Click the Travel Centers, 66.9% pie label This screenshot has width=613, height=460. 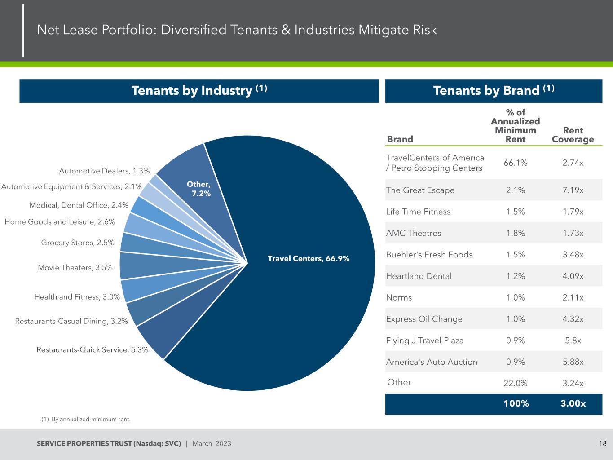[309, 258]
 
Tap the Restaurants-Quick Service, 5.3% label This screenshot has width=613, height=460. [93, 349]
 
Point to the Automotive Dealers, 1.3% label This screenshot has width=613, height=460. [104, 171]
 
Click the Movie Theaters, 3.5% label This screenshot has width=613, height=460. [75, 268]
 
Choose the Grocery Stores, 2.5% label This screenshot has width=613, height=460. [78, 243]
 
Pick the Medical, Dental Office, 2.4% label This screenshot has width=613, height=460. [79, 205]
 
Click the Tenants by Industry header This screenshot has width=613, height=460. [199, 91]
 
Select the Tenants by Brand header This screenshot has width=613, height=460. [494, 91]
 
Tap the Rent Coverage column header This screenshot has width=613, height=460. [573, 135]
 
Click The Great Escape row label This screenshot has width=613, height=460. [420, 190]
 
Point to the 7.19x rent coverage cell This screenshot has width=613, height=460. [573, 190]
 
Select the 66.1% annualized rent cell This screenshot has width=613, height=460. [515, 163]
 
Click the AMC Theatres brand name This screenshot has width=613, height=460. [413, 233]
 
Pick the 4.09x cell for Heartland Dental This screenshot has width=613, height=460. [573, 276]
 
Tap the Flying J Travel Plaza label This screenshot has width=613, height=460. [424, 341]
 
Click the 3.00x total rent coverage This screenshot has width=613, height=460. [573, 403]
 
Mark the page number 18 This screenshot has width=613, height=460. [602, 444]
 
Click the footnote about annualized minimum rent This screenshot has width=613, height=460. [86, 419]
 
